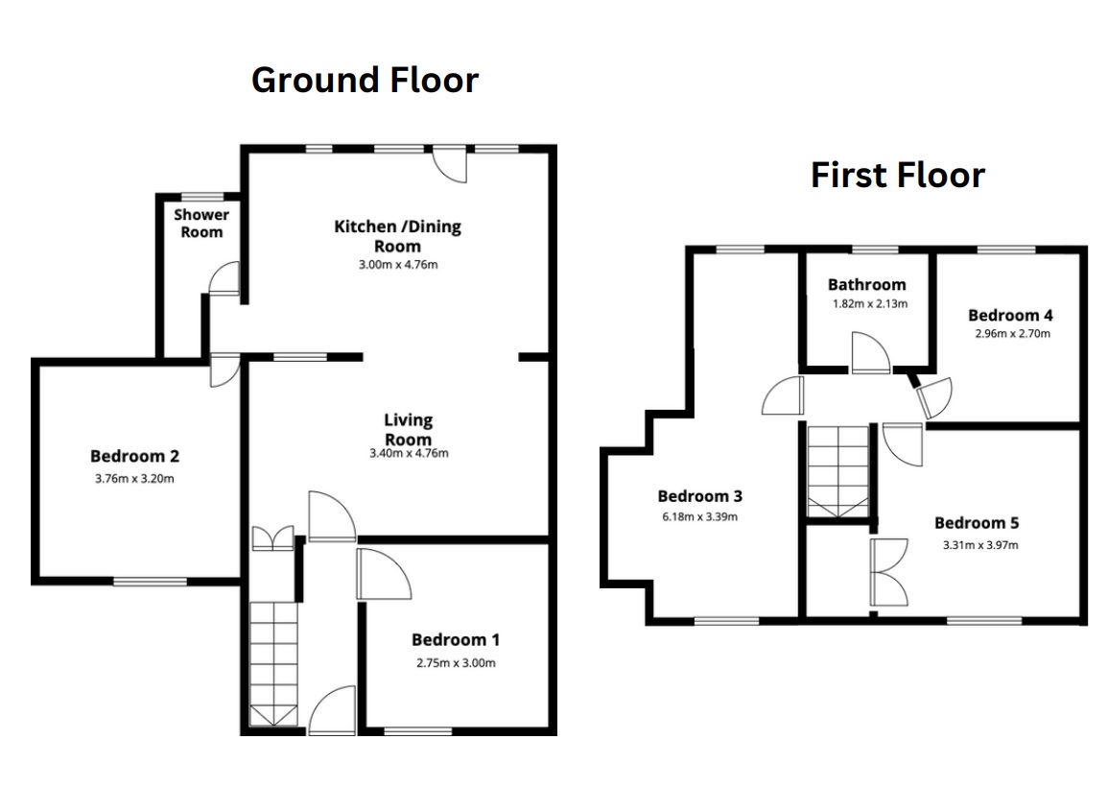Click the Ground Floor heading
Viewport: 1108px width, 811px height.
tap(365, 81)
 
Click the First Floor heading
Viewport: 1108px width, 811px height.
tap(897, 176)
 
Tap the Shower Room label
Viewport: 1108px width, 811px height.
tap(201, 224)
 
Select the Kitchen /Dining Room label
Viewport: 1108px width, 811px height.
tap(397, 236)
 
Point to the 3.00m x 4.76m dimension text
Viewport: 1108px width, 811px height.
tap(398, 265)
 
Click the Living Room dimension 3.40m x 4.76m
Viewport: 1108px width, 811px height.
tap(409, 453)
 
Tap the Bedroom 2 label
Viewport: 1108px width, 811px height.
tap(134, 456)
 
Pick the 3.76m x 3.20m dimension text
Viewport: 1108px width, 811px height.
tap(134, 479)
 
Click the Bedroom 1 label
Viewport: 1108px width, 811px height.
tap(456, 640)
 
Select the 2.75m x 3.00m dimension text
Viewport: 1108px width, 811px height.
tap(456, 663)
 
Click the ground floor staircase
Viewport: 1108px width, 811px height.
tap(273, 664)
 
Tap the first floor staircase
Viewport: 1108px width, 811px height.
tap(838, 471)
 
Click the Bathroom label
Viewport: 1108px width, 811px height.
tap(866, 284)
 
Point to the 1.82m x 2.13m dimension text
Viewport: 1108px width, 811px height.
tap(870, 304)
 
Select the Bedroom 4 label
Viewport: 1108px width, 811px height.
tap(1010, 316)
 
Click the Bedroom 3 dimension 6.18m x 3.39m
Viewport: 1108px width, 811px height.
tap(699, 517)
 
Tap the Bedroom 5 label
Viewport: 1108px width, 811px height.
tap(977, 523)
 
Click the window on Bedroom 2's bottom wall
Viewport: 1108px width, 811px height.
tap(150, 582)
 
